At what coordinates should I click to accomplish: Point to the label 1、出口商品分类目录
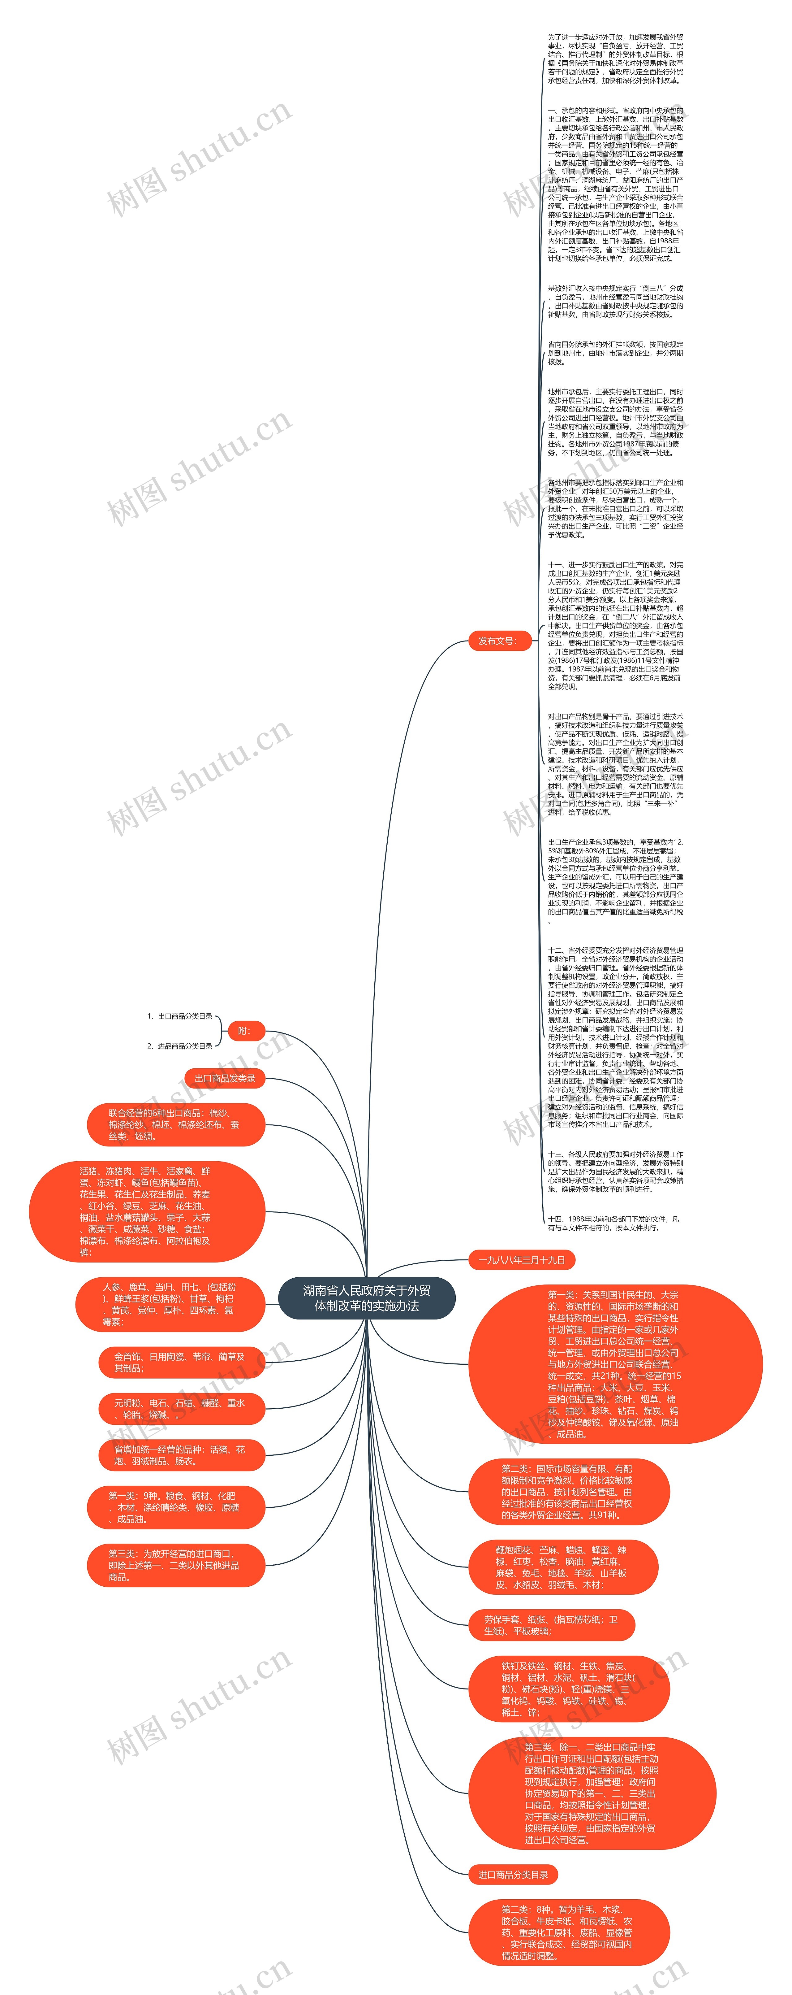point(180,1016)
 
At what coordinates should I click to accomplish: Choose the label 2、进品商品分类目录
point(180,1046)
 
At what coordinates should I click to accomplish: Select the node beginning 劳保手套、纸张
point(551,1626)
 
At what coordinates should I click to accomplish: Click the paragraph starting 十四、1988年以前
point(614,1224)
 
